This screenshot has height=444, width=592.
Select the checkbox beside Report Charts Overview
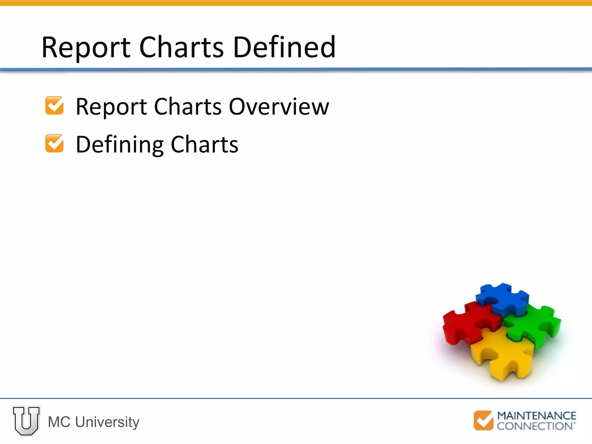54,106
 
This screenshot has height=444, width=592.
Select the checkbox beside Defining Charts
54,143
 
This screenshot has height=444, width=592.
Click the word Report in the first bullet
111,107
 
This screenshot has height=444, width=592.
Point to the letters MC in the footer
59,422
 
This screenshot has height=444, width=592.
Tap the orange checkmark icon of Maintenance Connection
483,420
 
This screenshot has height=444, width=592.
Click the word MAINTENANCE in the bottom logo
536,416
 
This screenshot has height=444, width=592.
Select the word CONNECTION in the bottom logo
535,426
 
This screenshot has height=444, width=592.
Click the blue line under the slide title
296,69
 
